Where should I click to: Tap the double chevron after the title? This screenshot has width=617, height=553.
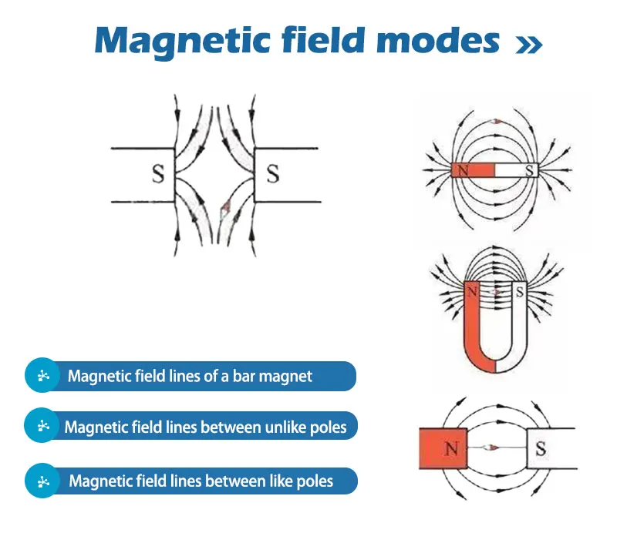pos(529,45)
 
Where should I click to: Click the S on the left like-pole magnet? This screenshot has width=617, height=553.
pos(157,174)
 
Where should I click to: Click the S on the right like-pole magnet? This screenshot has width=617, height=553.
pos(272,174)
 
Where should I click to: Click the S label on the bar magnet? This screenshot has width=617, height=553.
pos(530,170)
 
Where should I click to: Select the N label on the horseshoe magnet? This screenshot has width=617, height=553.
pos(472,293)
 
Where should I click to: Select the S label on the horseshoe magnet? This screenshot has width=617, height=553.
pos(518,293)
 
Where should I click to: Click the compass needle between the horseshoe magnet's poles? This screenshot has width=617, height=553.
pos(496,293)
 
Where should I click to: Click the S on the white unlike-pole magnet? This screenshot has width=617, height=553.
pos(540,447)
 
